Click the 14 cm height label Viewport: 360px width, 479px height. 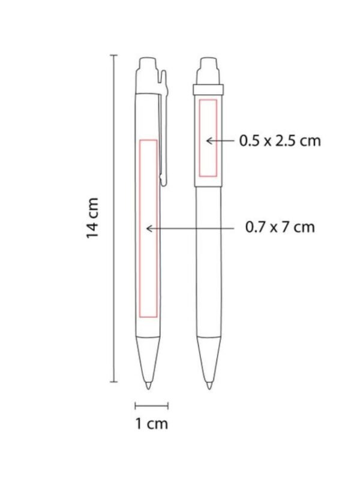[92, 218]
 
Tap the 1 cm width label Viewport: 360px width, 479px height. [152, 424]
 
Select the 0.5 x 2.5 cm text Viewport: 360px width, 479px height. [280, 141]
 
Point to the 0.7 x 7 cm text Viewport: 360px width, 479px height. [280, 227]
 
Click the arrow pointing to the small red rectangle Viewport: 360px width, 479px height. [221, 141]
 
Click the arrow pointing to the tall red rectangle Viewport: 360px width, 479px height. [190, 228]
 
